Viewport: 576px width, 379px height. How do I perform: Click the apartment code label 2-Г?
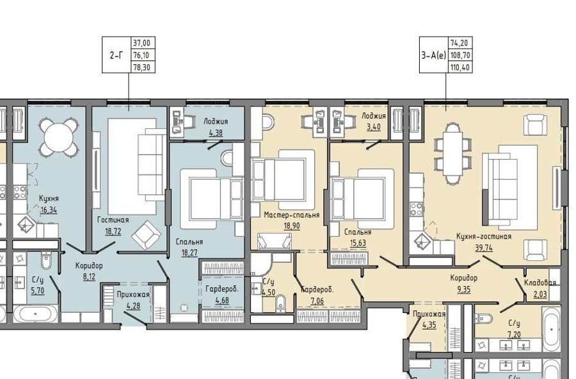[116, 55]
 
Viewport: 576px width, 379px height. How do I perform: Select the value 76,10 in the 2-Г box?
[143, 55]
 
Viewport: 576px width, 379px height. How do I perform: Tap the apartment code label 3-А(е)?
[433, 55]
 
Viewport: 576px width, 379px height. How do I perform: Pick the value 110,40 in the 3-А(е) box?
[460, 67]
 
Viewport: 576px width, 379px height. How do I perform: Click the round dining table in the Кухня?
[59, 137]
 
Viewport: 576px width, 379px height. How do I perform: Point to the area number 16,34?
[49, 210]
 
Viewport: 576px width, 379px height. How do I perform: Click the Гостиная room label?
[113, 220]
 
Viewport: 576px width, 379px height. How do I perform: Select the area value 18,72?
[113, 232]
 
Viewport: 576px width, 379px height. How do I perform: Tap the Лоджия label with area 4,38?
[216, 121]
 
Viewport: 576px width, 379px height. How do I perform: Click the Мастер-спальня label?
[292, 215]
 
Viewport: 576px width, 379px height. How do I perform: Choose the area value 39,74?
[484, 248]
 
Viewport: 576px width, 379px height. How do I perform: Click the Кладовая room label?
[540, 283]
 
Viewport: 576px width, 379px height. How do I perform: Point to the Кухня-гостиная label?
[484, 236]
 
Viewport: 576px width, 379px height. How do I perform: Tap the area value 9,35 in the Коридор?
[464, 290]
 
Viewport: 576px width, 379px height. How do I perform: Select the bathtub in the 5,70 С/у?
[36, 314]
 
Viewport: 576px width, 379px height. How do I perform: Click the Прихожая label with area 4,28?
[133, 294]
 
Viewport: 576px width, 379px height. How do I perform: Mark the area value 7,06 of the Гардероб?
[317, 301]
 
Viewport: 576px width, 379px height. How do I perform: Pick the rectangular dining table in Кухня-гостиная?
[452, 153]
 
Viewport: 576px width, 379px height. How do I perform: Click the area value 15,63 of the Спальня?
[358, 243]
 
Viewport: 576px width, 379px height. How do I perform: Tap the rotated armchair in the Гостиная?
[146, 235]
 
